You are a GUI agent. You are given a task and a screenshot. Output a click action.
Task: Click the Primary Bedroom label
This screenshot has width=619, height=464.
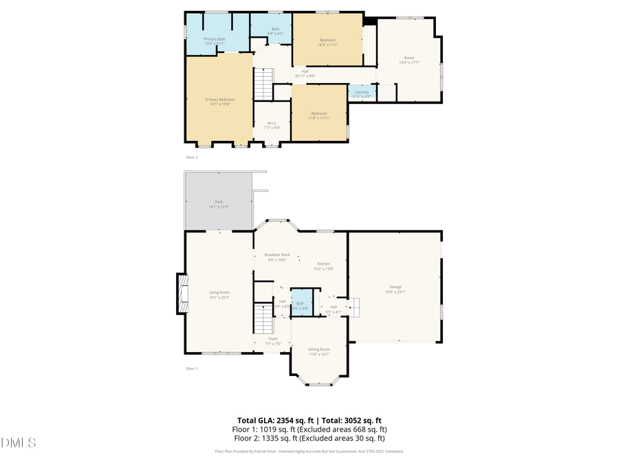[219, 101]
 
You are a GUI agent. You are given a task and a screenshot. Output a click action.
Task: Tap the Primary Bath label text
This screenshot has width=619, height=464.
[215, 41]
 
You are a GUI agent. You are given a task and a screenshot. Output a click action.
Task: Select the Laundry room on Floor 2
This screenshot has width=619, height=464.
[362, 93]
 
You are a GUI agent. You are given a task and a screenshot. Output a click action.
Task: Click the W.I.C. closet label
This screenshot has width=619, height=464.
[272, 126]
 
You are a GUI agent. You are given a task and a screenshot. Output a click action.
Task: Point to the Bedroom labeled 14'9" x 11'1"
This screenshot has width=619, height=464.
[327, 42]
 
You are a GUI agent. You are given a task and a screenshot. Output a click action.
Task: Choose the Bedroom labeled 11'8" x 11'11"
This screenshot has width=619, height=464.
[318, 115]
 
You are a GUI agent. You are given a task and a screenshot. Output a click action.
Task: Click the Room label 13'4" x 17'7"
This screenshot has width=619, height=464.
[409, 60]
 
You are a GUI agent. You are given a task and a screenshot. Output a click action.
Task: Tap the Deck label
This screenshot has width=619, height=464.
[219, 203]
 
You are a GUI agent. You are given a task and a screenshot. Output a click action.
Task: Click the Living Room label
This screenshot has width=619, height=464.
[219, 294]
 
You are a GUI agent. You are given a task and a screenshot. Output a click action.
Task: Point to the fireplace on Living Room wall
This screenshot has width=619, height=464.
[182, 294]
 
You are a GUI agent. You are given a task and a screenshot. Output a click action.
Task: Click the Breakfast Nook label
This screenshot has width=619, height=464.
[277, 256]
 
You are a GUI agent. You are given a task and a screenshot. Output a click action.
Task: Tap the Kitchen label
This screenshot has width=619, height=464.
[323, 265]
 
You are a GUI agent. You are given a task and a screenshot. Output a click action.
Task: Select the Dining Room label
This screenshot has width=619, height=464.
[318, 351]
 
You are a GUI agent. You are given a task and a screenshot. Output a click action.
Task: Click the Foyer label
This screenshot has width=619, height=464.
[273, 340]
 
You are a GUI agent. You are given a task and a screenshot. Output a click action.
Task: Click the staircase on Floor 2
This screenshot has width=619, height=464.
[264, 84]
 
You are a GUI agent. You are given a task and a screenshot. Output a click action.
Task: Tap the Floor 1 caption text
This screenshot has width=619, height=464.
[192, 368]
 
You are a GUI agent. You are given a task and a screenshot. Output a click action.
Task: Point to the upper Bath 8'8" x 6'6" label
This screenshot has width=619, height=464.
[275, 30]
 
